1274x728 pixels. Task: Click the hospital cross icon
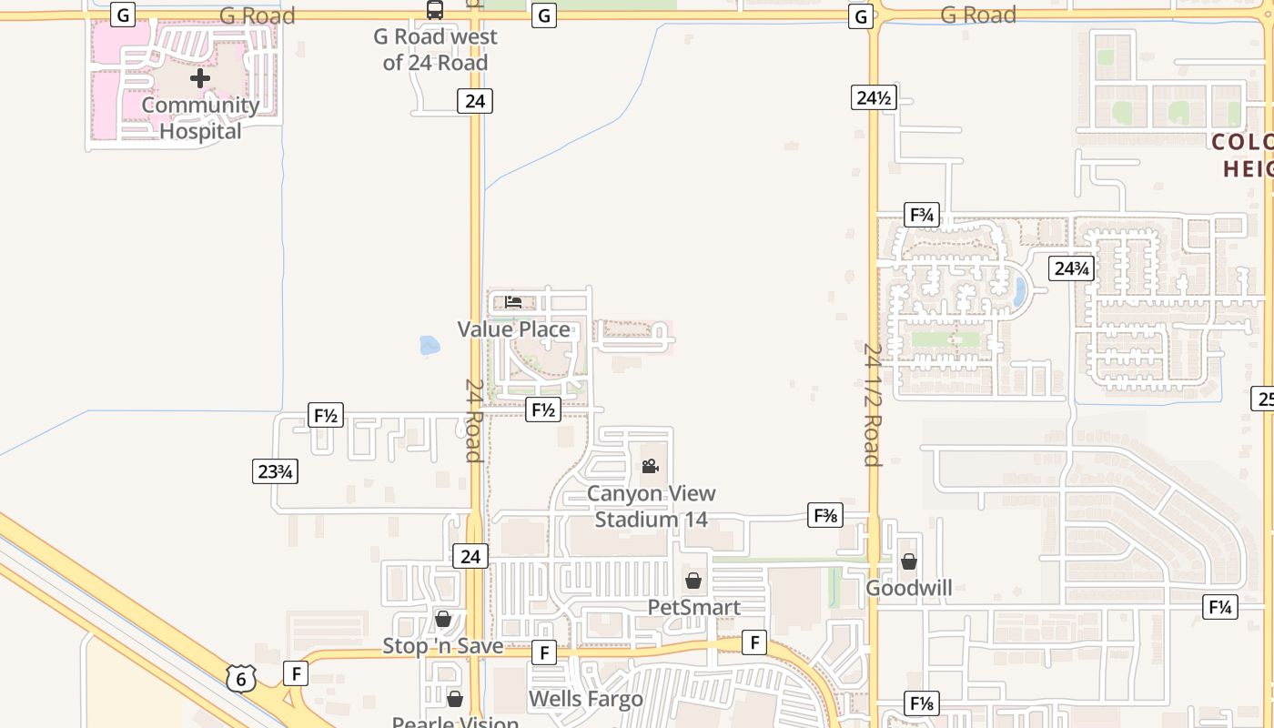click(200, 78)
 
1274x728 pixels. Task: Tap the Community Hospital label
click(200, 118)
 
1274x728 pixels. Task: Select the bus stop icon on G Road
click(435, 10)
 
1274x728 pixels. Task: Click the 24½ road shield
click(874, 97)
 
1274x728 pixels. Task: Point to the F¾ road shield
click(922, 216)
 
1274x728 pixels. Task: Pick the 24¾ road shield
click(1070, 268)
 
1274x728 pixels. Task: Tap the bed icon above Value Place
click(513, 302)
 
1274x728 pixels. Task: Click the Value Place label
click(514, 329)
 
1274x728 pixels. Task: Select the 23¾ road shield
click(275, 471)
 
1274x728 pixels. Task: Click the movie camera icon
click(650, 467)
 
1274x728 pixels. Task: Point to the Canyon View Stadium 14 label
click(651, 507)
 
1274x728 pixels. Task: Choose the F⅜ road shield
click(825, 516)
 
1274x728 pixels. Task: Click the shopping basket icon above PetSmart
click(693, 581)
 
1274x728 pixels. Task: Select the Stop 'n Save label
click(442, 646)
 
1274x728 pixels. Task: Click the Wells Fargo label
click(585, 699)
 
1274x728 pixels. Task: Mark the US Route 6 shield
click(241, 678)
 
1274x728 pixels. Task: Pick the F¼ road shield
click(1219, 607)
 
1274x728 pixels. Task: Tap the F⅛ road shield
click(921, 703)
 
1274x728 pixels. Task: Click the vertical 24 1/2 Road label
click(873, 404)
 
